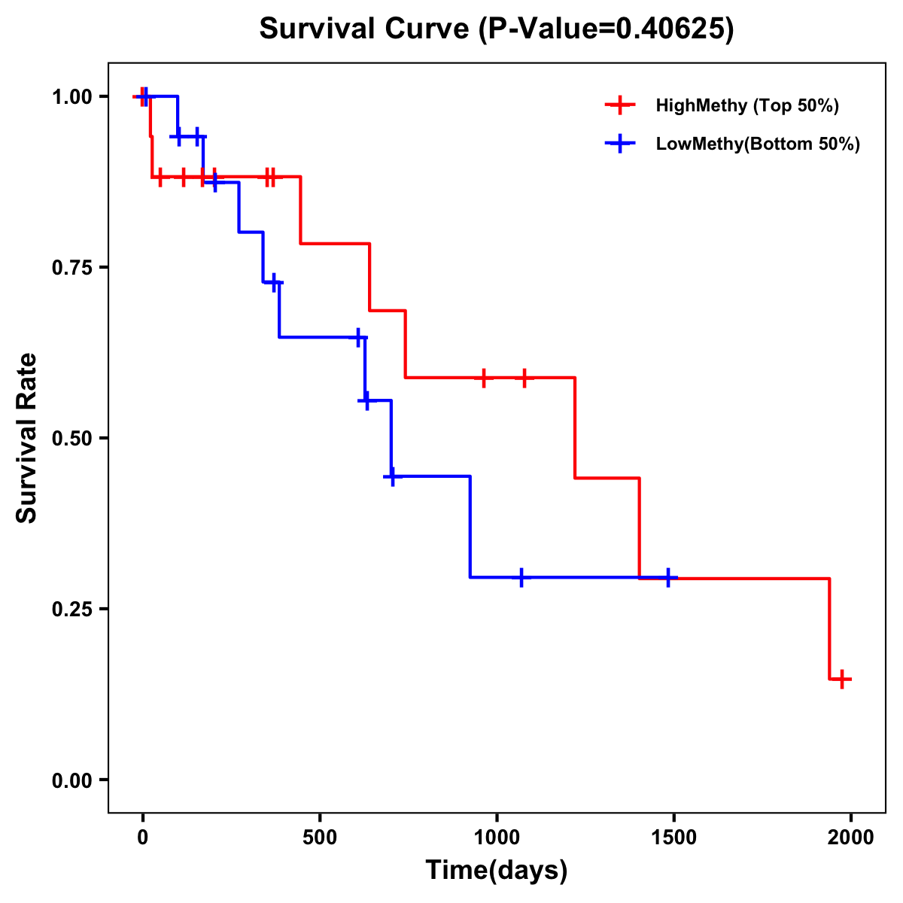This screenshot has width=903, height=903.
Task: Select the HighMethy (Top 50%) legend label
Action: click(x=746, y=105)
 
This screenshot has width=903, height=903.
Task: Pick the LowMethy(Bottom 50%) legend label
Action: click(x=757, y=144)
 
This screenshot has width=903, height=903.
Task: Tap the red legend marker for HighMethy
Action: click(x=619, y=105)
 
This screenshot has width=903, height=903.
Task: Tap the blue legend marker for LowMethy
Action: click(x=619, y=144)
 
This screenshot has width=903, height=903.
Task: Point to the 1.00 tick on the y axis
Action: click(x=71, y=97)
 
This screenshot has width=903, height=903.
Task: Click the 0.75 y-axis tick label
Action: click(x=71, y=268)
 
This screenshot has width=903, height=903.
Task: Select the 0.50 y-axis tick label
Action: click(x=71, y=439)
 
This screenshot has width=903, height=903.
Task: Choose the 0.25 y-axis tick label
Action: click(x=71, y=610)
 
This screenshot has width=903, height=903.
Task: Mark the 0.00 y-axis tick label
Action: click(x=71, y=780)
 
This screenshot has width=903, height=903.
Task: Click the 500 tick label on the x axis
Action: click(x=320, y=838)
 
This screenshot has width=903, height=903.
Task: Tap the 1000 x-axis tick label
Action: click(x=497, y=838)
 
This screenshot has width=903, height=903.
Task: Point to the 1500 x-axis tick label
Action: click(x=673, y=838)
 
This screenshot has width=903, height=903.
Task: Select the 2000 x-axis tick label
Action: click(x=850, y=838)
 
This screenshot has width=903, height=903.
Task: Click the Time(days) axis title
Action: click(x=497, y=871)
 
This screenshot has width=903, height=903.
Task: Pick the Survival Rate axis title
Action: click(x=27, y=438)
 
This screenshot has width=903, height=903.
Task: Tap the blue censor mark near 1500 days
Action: click(x=668, y=578)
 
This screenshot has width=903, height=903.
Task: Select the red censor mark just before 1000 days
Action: click(x=484, y=378)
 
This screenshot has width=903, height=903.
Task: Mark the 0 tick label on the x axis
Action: click(x=143, y=838)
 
